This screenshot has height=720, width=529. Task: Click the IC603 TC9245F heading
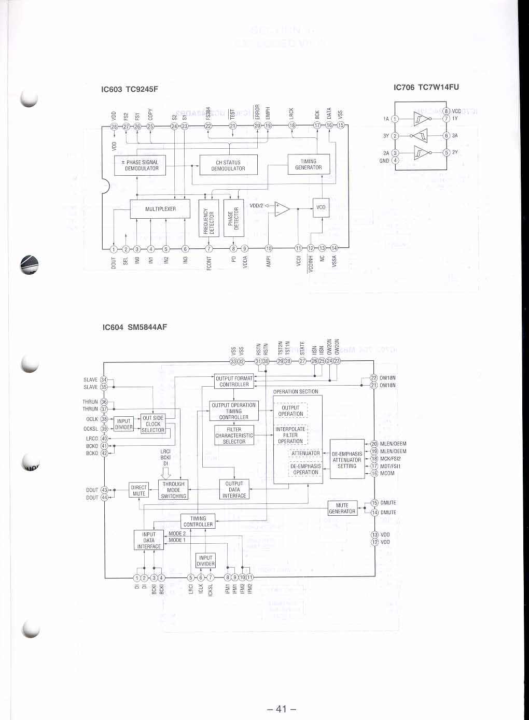(x=130, y=89)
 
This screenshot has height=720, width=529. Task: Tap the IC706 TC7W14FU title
(x=426, y=87)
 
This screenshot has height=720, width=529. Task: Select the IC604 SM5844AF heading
(x=135, y=327)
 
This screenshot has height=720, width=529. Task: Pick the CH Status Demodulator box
(x=228, y=165)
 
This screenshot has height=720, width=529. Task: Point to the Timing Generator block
(x=308, y=164)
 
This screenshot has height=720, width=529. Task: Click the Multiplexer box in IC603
(x=160, y=209)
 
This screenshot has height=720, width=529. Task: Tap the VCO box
(x=321, y=207)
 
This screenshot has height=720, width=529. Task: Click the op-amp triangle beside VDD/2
(x=282, y=209)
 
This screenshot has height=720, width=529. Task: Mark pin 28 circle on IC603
(x=114, y=126)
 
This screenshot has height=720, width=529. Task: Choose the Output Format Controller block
(x=234, y=382)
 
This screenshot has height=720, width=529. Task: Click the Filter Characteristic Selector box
(x=234, y=435)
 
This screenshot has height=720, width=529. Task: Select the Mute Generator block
(x=342, y=508)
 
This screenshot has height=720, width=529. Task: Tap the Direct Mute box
(x=139, y=490)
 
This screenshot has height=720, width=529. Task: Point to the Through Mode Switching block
(x=173, y=490)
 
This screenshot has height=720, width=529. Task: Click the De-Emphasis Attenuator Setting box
(x=347, y=459)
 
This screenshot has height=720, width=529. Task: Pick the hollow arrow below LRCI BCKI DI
(x=166, y=473)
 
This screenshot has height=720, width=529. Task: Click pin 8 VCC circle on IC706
(x=446, y=111)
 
